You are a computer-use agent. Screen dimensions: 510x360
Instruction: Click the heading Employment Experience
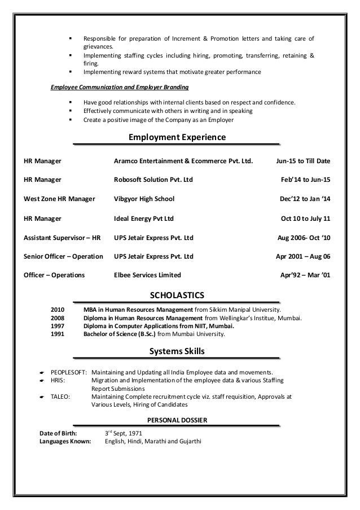(177, 138)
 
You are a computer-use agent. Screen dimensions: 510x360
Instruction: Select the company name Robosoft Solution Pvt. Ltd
(153, 180)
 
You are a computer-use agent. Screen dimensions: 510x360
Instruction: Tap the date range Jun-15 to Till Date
(303, 161)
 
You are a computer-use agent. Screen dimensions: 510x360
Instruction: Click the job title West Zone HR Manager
(59, 199)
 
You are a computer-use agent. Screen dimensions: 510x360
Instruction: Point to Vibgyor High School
(144, 199)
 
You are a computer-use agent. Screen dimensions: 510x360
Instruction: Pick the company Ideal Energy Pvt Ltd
(143, 218)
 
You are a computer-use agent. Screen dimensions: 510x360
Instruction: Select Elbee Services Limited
(147, 276)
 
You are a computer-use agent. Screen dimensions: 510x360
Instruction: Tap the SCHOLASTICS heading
(177, 295)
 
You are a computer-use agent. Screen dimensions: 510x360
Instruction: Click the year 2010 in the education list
(58, 310)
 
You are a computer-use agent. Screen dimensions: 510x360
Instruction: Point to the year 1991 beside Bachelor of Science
(58, 333)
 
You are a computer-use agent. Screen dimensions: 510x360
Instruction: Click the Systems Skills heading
(177, 352)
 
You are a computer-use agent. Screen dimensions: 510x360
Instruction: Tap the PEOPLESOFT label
(68, 373)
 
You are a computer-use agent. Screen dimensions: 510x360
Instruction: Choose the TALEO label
(60, 396)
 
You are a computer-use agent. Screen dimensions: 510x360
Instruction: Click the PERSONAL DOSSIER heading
(177, 420)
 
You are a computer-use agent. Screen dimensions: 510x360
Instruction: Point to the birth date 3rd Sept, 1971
(125, 433)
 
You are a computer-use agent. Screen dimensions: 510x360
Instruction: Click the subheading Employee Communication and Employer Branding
(120, 88)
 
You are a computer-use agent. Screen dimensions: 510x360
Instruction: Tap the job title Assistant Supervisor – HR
(62, 237)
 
